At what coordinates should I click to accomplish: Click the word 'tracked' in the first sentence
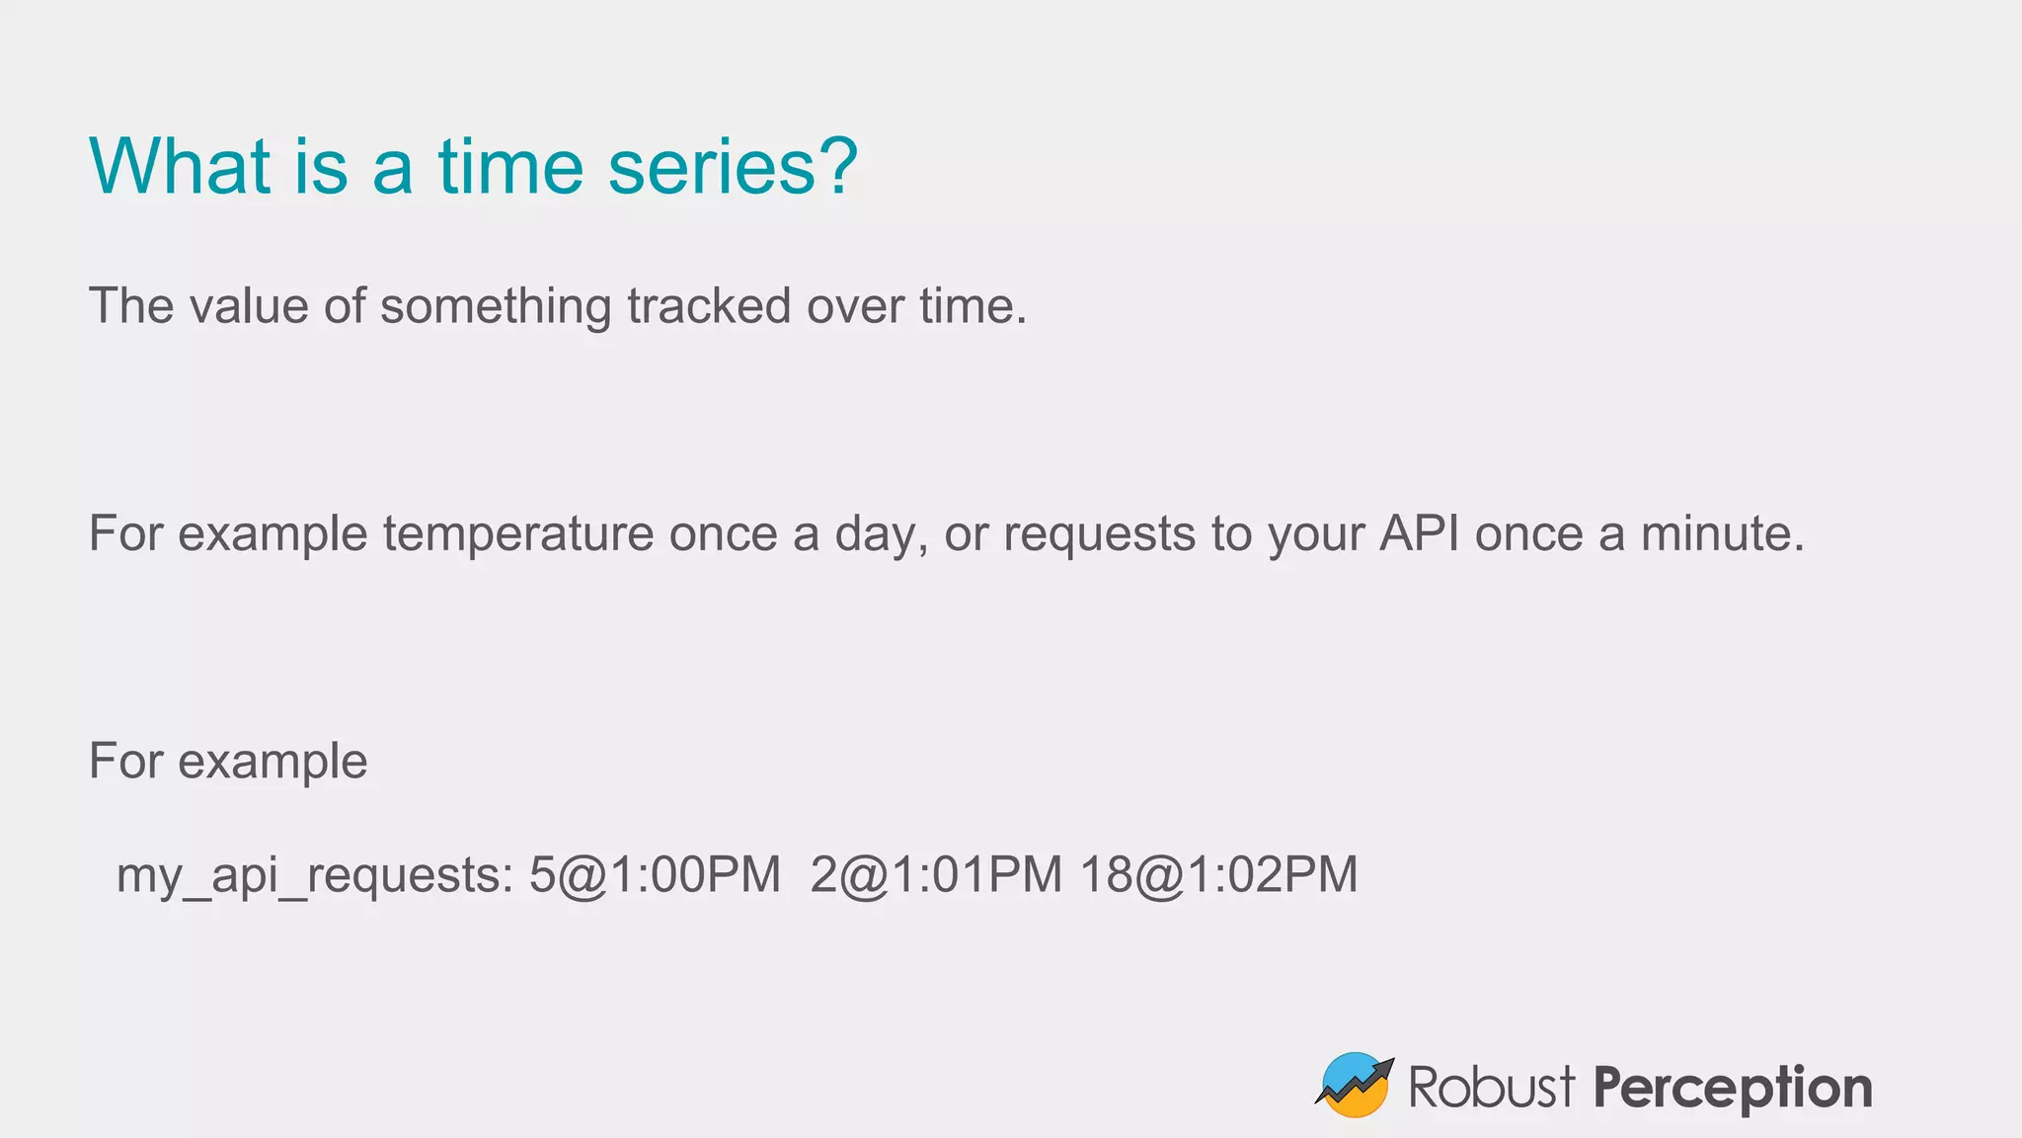pos(709,305)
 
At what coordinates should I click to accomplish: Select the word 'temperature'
pos(518,534)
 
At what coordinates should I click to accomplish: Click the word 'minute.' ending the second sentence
pos(1722,533)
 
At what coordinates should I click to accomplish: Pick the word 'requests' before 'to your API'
pos(1100,535)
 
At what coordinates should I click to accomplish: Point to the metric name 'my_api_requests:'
pos(315,876)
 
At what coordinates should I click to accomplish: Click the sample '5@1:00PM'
pos(655,875)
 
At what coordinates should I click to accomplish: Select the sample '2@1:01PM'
pos(936,875)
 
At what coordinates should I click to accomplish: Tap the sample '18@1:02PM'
pos(1218,875)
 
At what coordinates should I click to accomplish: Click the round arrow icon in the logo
pos(1355,1085)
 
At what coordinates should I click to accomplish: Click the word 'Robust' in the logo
pos(1491,1087)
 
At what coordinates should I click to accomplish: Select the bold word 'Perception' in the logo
pos(1732,1089)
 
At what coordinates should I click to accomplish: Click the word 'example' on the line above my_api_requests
pos(272,763)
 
